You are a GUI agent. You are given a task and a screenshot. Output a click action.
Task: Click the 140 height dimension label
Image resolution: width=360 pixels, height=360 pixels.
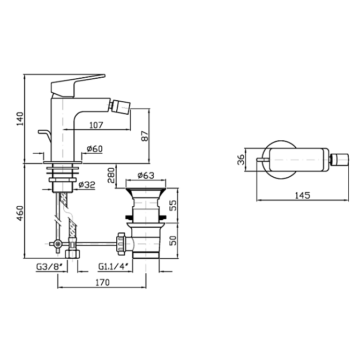tap(20, 119)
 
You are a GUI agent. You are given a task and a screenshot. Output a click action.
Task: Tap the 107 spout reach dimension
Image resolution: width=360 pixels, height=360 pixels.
tap(96, 125)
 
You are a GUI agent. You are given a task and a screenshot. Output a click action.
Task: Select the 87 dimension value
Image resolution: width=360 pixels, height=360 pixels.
tap(145, 136)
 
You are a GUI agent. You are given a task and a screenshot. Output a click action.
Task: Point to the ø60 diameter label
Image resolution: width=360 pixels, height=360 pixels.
tap(95, 149)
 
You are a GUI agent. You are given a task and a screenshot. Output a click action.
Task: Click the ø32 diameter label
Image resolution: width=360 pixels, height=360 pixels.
tap(87, 185)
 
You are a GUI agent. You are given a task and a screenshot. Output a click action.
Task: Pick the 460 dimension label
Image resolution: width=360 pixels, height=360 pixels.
tap(20, 214)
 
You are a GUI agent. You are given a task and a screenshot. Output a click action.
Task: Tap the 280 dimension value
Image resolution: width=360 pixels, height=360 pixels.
tap(111, 175)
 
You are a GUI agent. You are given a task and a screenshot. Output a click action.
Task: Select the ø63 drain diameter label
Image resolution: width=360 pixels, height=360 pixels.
tap(146, 175)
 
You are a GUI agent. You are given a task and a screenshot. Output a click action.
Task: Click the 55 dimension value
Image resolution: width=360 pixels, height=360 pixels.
tap(174, 205)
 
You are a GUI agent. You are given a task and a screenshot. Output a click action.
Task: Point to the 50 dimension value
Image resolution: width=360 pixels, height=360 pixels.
tap(174, 241)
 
